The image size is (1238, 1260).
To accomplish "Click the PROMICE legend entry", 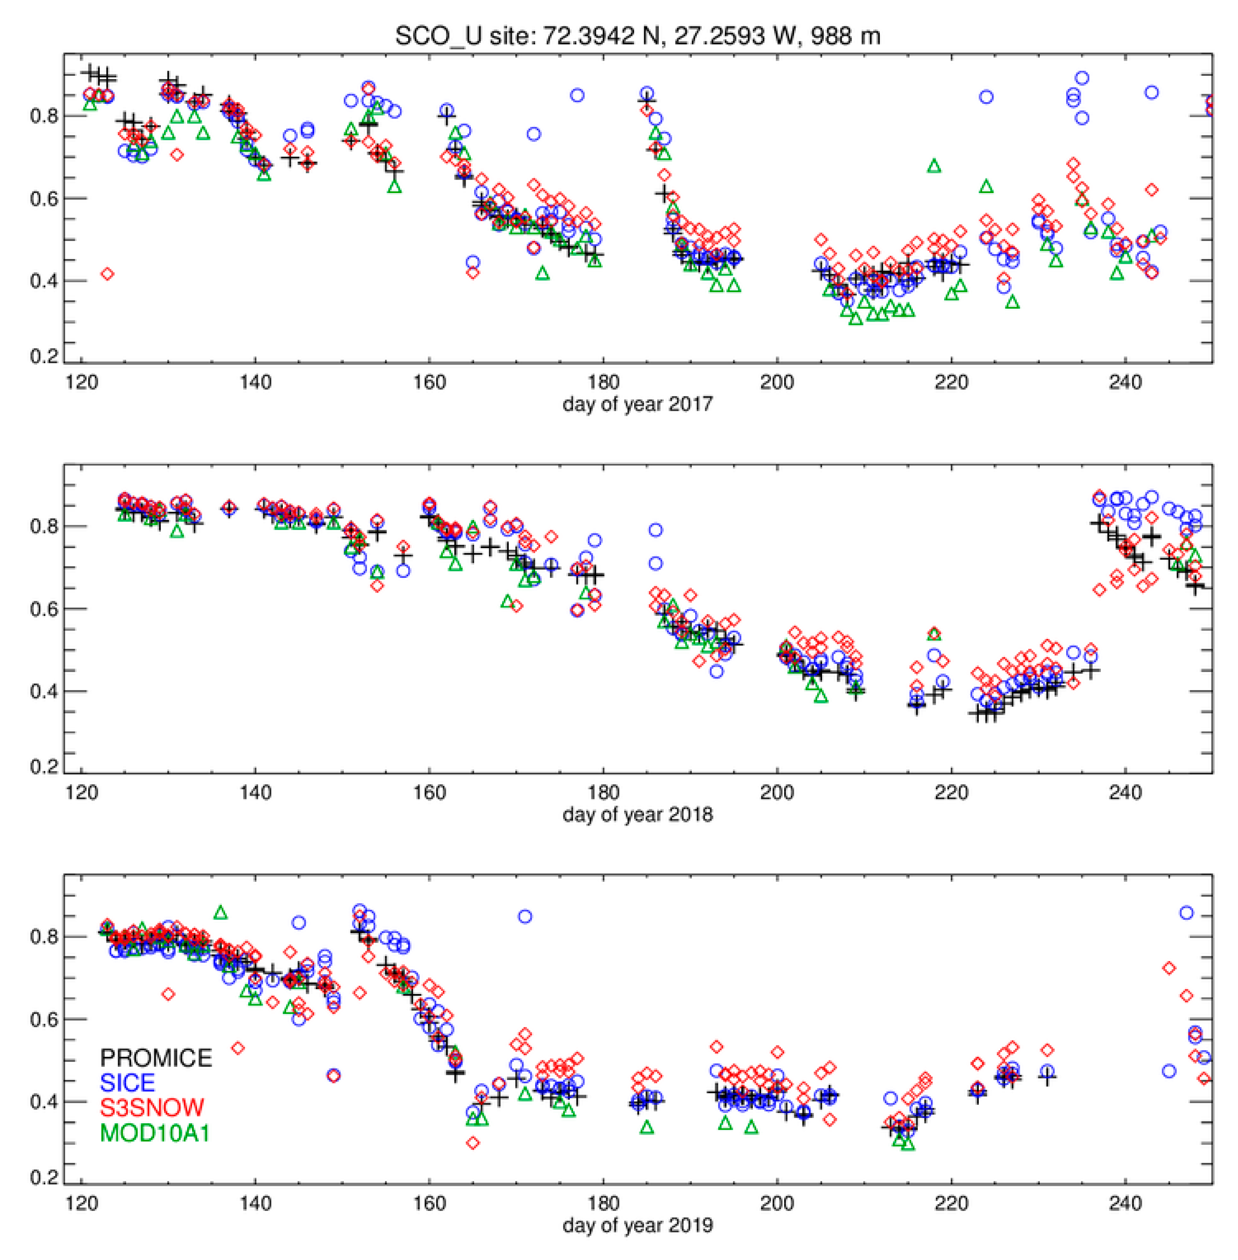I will (155, 1058).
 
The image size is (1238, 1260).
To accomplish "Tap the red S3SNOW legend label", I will (151, 1108).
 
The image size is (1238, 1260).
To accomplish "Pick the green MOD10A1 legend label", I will (155, 1133).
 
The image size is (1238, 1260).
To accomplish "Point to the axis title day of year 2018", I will (637, 814).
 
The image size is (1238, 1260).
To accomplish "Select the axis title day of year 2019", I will (637, 1225).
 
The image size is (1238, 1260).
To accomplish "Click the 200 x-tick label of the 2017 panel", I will (777, 382).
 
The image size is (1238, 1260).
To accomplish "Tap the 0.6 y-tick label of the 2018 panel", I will (44, 609).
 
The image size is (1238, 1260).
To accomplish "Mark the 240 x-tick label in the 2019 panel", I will (1125, 1203).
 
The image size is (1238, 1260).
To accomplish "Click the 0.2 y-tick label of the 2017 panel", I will (44, 356).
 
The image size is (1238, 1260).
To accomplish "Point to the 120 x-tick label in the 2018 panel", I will (81, 792).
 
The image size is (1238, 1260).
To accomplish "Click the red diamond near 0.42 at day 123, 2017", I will (108, 274).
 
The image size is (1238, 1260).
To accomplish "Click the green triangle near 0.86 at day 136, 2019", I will (221, 913).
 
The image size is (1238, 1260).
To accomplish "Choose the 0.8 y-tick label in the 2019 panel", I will (44, 937).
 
